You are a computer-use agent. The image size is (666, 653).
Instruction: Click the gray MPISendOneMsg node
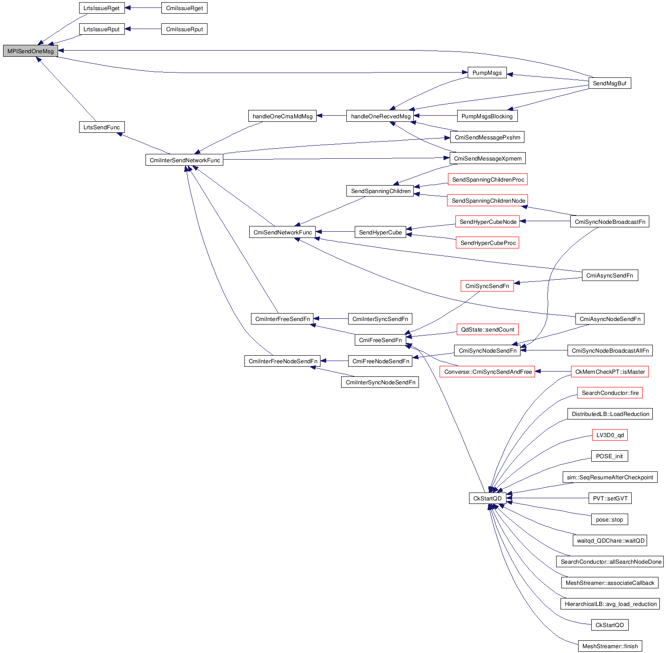point(30,51)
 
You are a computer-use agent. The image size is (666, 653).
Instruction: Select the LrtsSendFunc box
point(102,127)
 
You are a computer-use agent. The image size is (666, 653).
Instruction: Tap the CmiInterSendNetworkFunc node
point(184,160)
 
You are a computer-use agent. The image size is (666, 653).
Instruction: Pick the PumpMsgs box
point(487,73)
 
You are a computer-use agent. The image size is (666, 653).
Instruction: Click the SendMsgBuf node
point(609,83)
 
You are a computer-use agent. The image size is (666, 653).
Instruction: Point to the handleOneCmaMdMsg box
point(282,116)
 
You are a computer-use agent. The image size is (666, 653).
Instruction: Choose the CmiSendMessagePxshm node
point(487,137)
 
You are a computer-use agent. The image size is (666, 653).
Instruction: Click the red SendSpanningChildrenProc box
point(488,179)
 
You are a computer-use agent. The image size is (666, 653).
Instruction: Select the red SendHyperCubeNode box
point(488,222)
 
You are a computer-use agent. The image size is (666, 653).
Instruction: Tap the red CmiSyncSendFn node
point(487,286)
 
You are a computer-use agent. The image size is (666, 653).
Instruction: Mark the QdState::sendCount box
point(487,329)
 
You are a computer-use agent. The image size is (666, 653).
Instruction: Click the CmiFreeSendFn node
point(380,340)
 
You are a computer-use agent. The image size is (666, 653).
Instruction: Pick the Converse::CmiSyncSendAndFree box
point(488,372)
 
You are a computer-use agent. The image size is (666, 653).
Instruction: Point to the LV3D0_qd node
point(610,435)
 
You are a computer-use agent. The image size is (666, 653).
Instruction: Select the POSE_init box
point(609,456)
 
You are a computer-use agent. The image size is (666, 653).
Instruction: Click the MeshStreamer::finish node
point(610,646)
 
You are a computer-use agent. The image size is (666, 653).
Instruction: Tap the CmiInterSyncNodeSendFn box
point(380,382)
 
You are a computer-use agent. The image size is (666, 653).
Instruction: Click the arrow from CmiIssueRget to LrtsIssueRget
point(143,8)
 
